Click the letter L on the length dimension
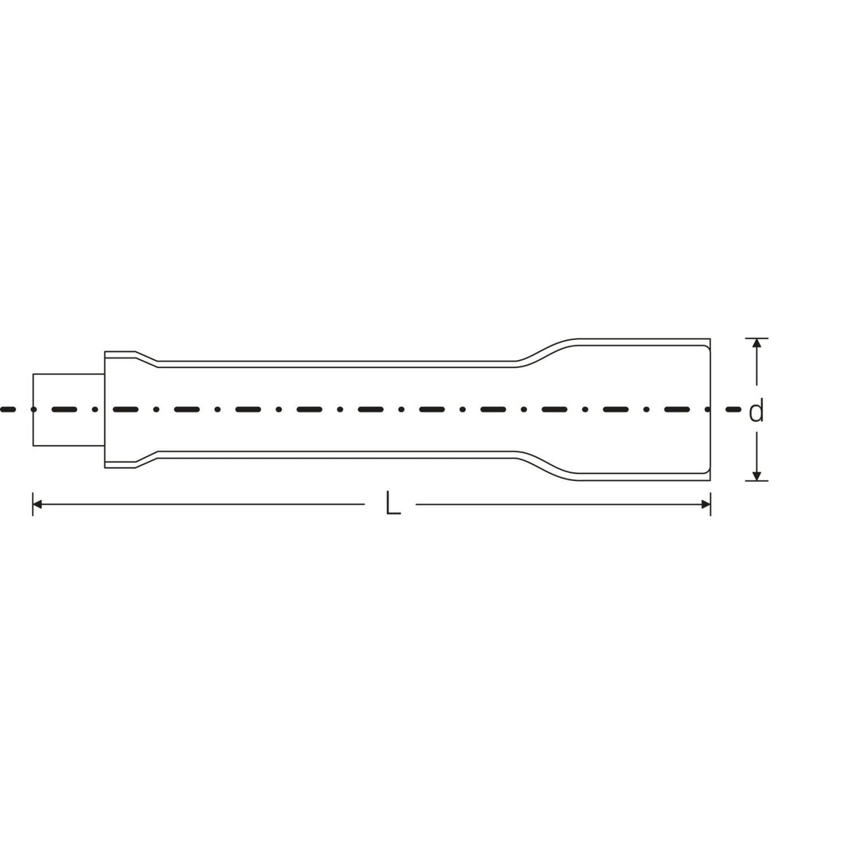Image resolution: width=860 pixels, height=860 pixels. [x=392, y=503]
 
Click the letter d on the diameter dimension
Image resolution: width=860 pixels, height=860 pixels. [x=756, y=411]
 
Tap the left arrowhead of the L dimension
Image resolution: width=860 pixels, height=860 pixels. [x=37, y=504]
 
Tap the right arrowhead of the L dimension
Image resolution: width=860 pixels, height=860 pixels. [x=706, y=504]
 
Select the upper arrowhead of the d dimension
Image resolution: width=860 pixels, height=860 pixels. [x=756, y=343]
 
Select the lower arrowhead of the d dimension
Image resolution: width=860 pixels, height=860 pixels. [x=756, y=476]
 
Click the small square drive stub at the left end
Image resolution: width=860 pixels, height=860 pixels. [x=68, y=409]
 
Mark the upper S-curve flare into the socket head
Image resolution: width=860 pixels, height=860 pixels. [x=546, y=351]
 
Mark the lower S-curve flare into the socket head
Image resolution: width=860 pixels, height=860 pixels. [x=546, y=467]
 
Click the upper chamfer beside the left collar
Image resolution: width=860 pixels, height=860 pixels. [x=146, y=358]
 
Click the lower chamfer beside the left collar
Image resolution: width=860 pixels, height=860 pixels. [x=146, y=461]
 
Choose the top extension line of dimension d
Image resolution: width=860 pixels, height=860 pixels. [x=756, y=338]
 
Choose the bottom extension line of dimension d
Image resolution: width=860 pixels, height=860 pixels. [x=756, y=481]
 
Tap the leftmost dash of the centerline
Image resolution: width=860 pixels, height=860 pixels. [x=8, y=409]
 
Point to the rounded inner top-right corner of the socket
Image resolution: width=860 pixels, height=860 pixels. [x=706, y=349]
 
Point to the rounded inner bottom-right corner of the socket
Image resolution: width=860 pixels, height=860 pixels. [x=706, y=470]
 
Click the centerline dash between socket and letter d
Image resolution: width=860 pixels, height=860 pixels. [x=733, y=409]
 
